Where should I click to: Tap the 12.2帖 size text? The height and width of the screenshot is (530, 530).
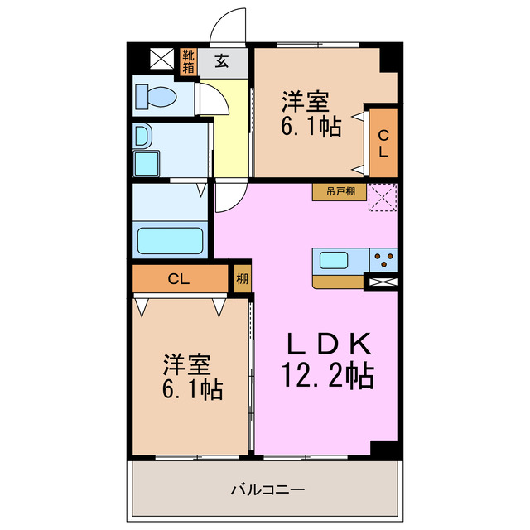click(327, 377)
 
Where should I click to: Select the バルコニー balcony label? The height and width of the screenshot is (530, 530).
click(267, 489)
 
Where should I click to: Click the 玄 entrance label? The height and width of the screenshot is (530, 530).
click(224, 60)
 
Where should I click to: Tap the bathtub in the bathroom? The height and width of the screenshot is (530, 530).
click(170, 241)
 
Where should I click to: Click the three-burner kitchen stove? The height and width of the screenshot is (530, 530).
click(383, 260)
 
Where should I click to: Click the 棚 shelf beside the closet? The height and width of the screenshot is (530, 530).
click(242, 278)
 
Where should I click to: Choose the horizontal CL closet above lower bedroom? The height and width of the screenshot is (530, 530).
click(180, 278)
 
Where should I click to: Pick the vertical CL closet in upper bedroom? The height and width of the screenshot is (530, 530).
click(383, 143)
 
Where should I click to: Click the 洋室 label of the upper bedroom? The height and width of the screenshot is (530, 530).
click(306, 103)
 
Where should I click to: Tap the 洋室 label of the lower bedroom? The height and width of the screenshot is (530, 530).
click(187, 364)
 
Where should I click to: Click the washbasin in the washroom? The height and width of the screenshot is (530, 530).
click(142, 136)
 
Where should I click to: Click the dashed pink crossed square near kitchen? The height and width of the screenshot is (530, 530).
click(383, 198)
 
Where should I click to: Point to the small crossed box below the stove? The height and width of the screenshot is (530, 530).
click(383, 283)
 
